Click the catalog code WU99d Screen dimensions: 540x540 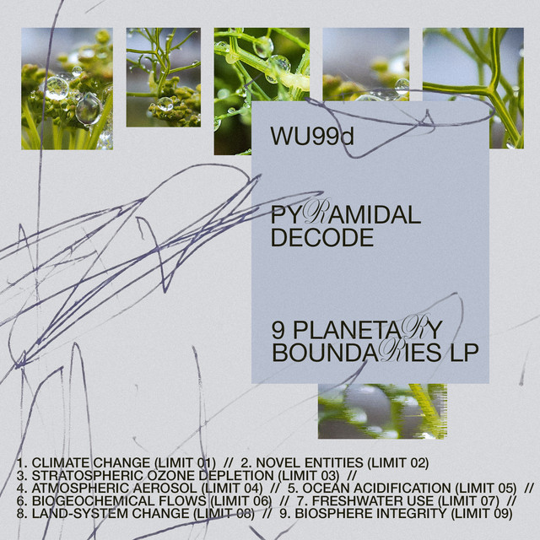tap(312, 136)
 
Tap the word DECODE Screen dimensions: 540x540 tap(322, 238)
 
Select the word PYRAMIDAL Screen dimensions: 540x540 tap(345, 213)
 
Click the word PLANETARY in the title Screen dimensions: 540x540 tap(368, 329)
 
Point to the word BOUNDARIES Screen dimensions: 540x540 tap(356, 353)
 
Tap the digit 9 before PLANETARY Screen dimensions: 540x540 tap(278, 330)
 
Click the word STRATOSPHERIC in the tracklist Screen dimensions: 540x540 tap(88, 475)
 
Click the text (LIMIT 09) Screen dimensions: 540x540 tap(482, 514)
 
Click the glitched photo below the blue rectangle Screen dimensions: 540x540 tap(382, 411)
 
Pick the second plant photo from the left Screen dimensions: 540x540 tap(163, 78)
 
